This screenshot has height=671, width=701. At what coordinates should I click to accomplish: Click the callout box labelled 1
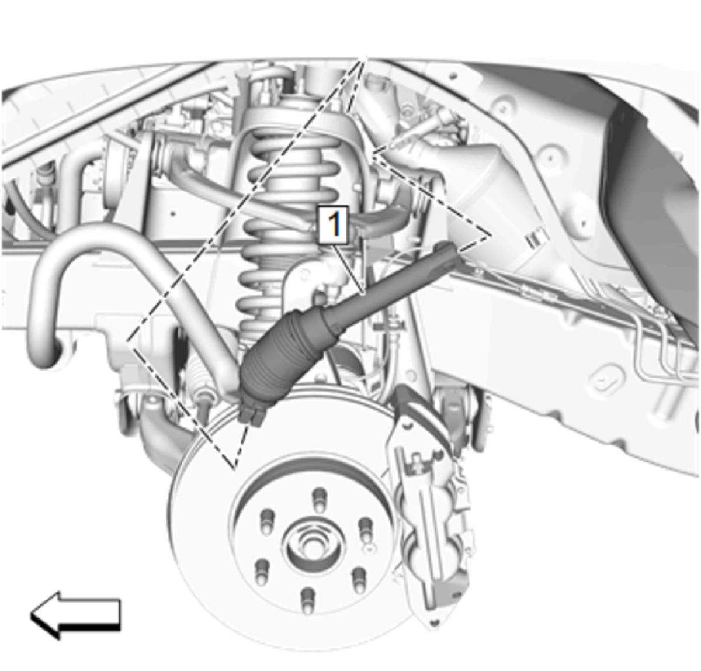333,225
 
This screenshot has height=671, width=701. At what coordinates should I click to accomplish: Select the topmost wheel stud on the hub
319,500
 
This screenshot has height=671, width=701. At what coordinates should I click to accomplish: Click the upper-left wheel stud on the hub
266,522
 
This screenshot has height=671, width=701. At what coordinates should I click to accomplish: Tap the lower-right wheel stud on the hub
358,580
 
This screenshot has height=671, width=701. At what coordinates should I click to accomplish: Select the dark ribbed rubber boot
288,350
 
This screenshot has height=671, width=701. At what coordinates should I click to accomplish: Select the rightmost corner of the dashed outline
491,236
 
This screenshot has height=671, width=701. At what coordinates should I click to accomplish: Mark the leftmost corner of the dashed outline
128,341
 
